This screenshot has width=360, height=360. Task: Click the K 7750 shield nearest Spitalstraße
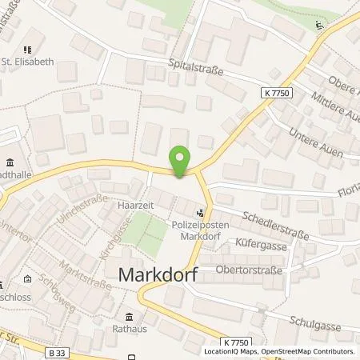click(277, 94)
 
